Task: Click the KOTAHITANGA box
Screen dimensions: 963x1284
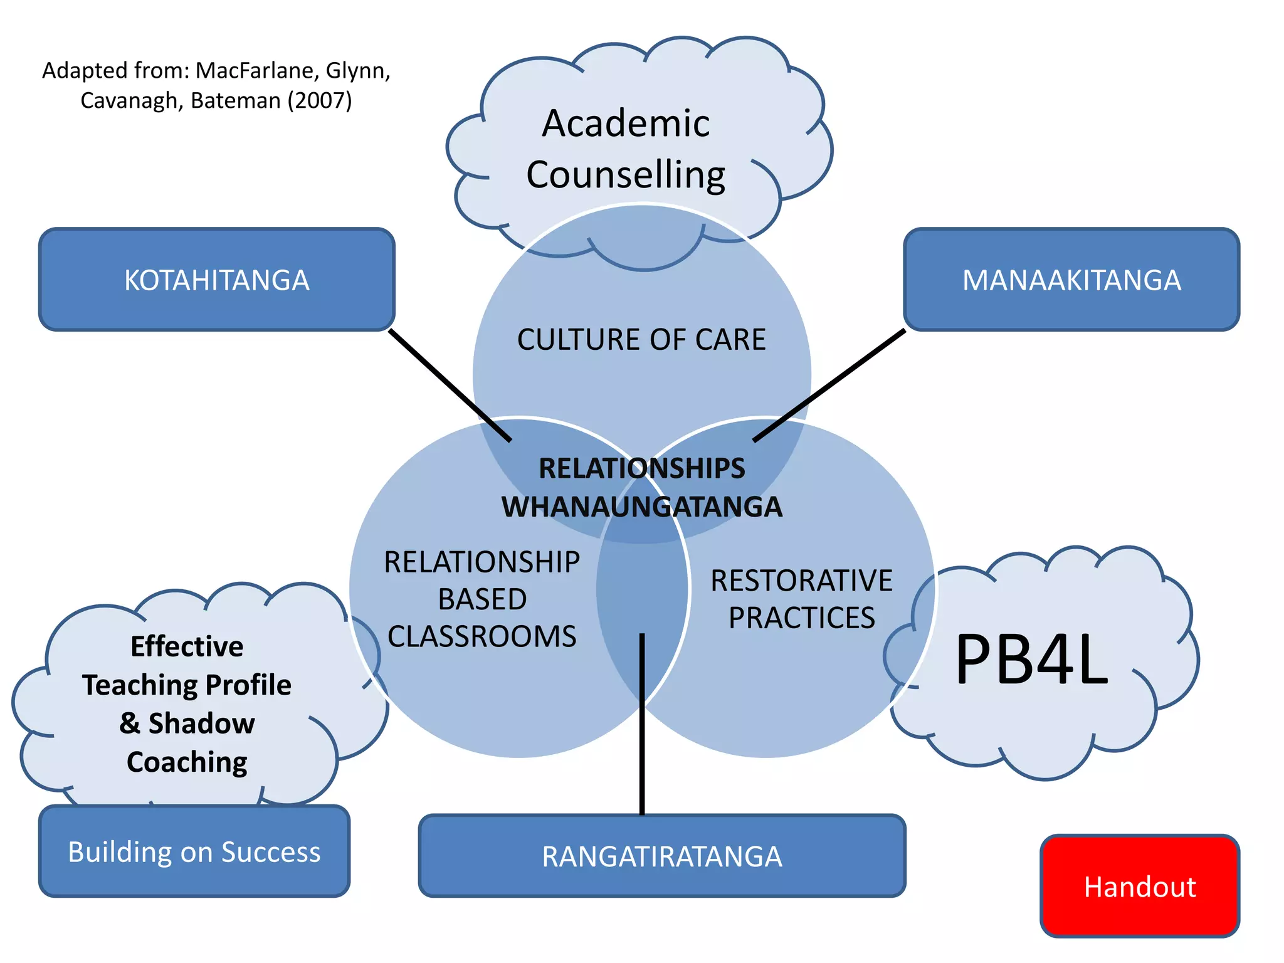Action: pyautogui.click(x=216, y=280)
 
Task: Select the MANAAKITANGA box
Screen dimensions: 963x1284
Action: pyautogui.click(x=1071, y=280)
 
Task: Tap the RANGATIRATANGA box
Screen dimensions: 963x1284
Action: pyautogui.click(x=661, y=856)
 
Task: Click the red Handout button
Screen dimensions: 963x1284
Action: pyautogui.click(x=1139, y=887)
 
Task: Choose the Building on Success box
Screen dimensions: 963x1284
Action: pyautogui.click(x=194, y=851)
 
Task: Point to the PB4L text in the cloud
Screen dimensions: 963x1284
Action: pyautogui.click(x=1031, y=660)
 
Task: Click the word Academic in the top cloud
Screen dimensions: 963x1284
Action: pyautogui.click(x=626, y=123)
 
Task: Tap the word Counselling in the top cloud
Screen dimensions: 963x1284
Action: pyautogui.click(x=626, y=174)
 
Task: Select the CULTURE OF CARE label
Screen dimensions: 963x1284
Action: pyautogui.click(x=641, y=339)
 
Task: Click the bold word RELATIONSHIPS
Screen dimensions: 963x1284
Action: pyautogui.click(x=641, y=468)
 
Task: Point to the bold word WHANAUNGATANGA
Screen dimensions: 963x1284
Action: pyautogui.click(x=641, y=507)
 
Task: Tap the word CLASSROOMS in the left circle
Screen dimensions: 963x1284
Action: pyautogui.click(x=481, y=636)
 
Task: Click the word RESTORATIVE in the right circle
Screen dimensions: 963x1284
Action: pyautogui.click(x=801, y=581)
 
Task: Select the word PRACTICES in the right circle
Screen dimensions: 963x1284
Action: pyautogui.click(x=801, y=618)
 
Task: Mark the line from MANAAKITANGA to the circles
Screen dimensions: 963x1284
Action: pyautogui.click(x=829, y=385)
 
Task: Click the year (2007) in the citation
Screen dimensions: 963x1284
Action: pyautogui.click(x=319, y=100)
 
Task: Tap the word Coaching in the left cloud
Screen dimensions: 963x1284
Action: pyautogui.click(x=187, y=762)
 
